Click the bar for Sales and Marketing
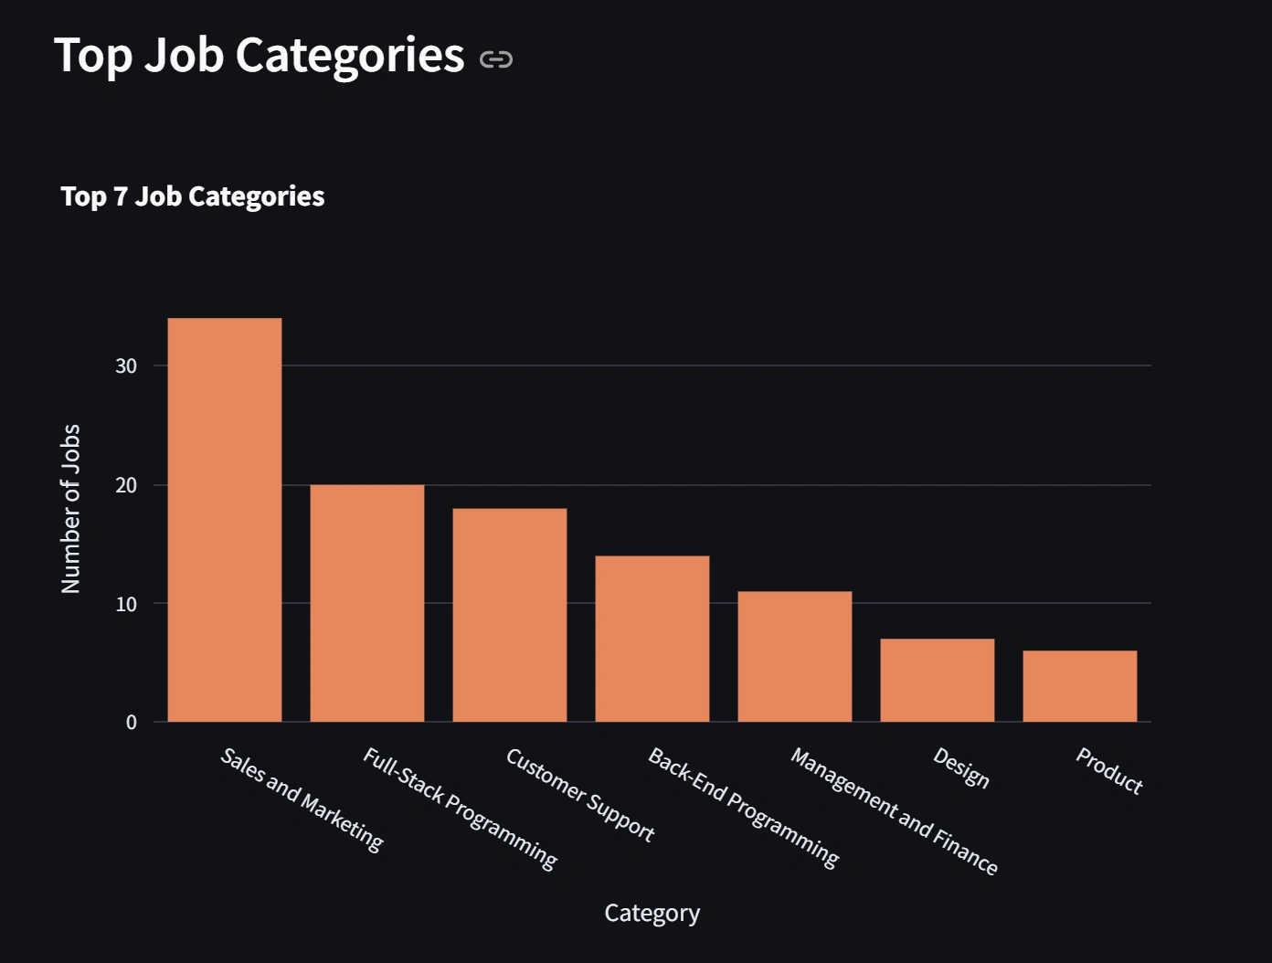tap(225, 520)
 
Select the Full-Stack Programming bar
tap(367, 603)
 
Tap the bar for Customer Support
tap(510, 615)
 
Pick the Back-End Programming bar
tap(652, 639)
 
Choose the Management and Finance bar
tap(795, 656)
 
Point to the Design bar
tap(938, 680)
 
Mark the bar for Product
tap(1080, 686)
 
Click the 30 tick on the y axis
tap(126, 366)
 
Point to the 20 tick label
tap(126, 485)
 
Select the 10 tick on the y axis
tap(126, 604)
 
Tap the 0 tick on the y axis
tap(132, 723)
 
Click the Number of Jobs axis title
tap(70, 509)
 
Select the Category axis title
tap(652, 913)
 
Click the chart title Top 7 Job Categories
tap(193, 196)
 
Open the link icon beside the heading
tap(496, 60)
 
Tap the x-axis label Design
tap(960, 767)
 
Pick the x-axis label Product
tap(1108, 771)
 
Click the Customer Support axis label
tap(580, 795)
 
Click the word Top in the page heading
tap(93, 55)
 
